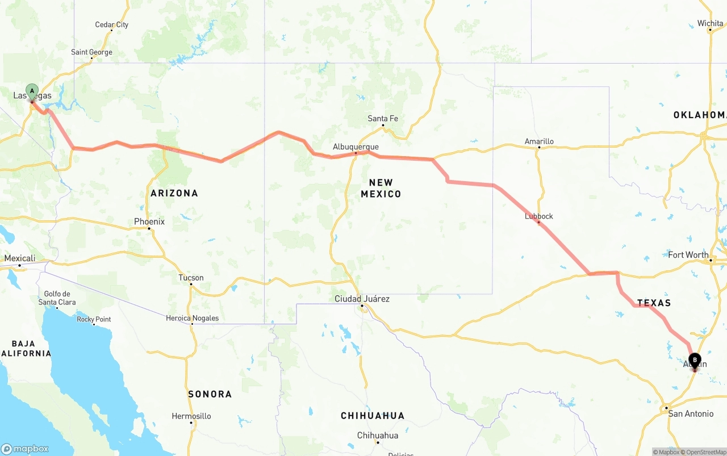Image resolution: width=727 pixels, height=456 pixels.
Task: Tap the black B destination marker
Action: click(695, 359)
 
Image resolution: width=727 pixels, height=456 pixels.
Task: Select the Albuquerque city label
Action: click(356, 147)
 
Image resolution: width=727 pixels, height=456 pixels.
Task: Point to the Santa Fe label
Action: click(383, 118)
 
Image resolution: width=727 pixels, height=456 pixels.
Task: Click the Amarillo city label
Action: click(539, 141)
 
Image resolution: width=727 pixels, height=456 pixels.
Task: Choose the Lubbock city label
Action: click(539, 216)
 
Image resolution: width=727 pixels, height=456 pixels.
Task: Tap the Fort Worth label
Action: click(688, 254)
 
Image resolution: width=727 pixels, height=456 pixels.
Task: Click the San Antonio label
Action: click(691, 413)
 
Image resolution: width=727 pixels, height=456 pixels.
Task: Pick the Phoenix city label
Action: click(149, 221)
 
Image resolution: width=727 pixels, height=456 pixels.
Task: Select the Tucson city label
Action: click(191, 278)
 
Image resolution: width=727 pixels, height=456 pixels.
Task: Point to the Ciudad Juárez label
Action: click(362, 299)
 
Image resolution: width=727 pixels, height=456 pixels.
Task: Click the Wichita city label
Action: click(711, 23)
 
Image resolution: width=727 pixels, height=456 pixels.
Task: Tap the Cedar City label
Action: click(112, 24)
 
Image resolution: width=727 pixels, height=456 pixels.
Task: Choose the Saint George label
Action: click(92, 52)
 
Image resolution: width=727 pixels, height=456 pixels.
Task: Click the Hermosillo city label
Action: click(191, 416)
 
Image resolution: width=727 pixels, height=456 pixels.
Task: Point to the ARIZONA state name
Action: click(174, 193)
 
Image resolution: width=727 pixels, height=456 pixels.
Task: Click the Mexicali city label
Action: click(20, 258)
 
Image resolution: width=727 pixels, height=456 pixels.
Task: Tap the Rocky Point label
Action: click(94, 319)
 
